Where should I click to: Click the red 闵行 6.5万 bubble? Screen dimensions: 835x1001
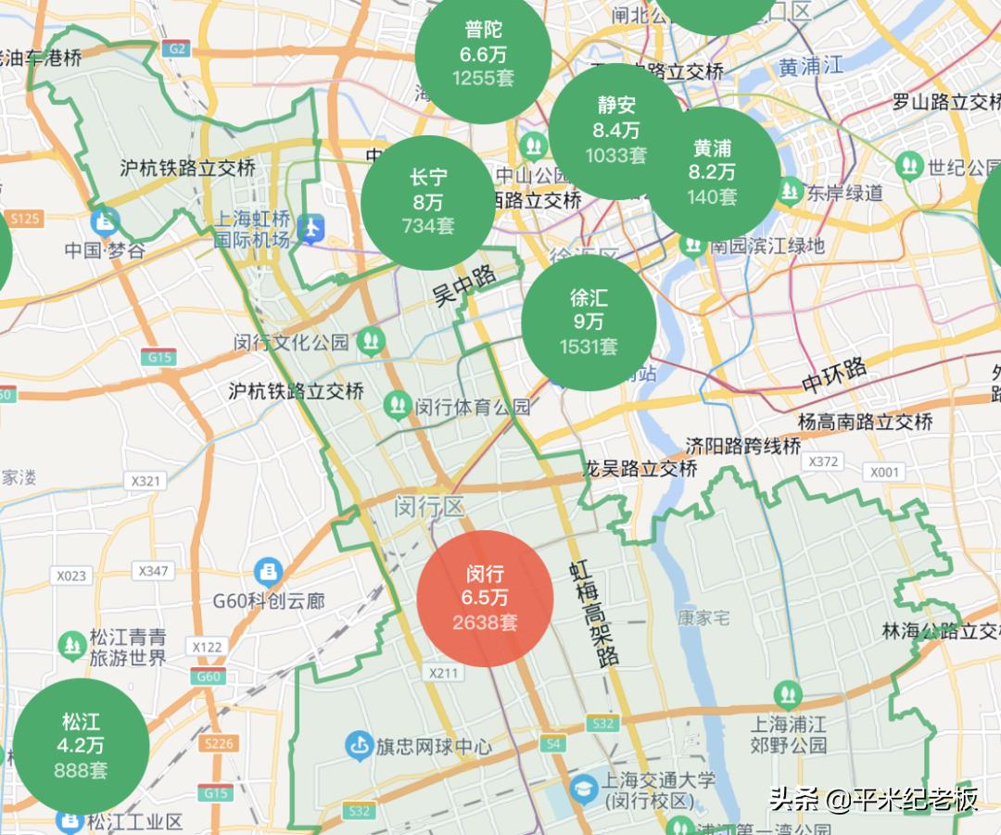[485, 599]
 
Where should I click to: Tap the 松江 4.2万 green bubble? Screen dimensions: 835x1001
[81, 746]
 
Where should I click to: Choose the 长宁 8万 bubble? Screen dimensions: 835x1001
[428, 201]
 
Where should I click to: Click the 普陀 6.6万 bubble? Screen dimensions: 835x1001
[483, 55]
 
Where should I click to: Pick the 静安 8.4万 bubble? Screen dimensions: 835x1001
[616, 131]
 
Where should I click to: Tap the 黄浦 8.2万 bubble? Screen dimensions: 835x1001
[712, 172]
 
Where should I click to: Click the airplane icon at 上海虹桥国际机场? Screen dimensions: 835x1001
[313, 224]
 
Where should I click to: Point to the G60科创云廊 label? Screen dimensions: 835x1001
[269, 601]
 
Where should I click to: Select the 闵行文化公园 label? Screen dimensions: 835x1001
[292, 342]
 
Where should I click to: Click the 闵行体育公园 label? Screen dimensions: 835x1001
[473, 406]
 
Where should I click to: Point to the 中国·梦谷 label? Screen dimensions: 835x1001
[106, 250]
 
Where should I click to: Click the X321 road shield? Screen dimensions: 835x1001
[146, 481]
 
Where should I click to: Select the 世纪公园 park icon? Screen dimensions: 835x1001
[908, 167]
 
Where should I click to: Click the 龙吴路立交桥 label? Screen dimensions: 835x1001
[640, 469]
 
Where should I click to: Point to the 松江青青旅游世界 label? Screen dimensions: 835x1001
[128, 647]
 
